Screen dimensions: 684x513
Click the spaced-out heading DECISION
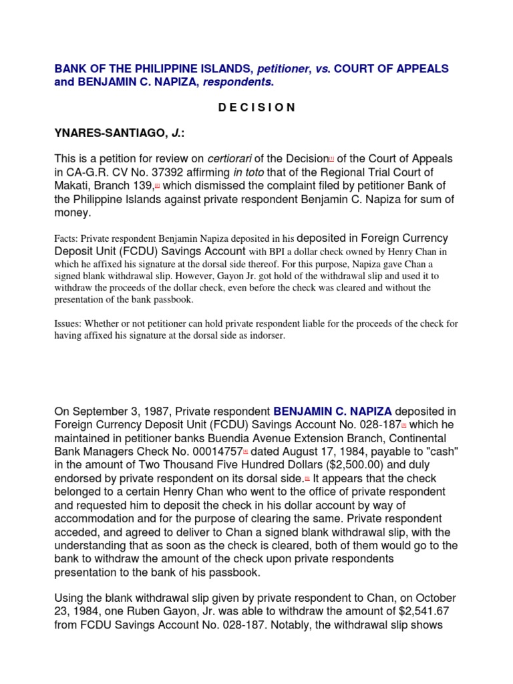256,108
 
